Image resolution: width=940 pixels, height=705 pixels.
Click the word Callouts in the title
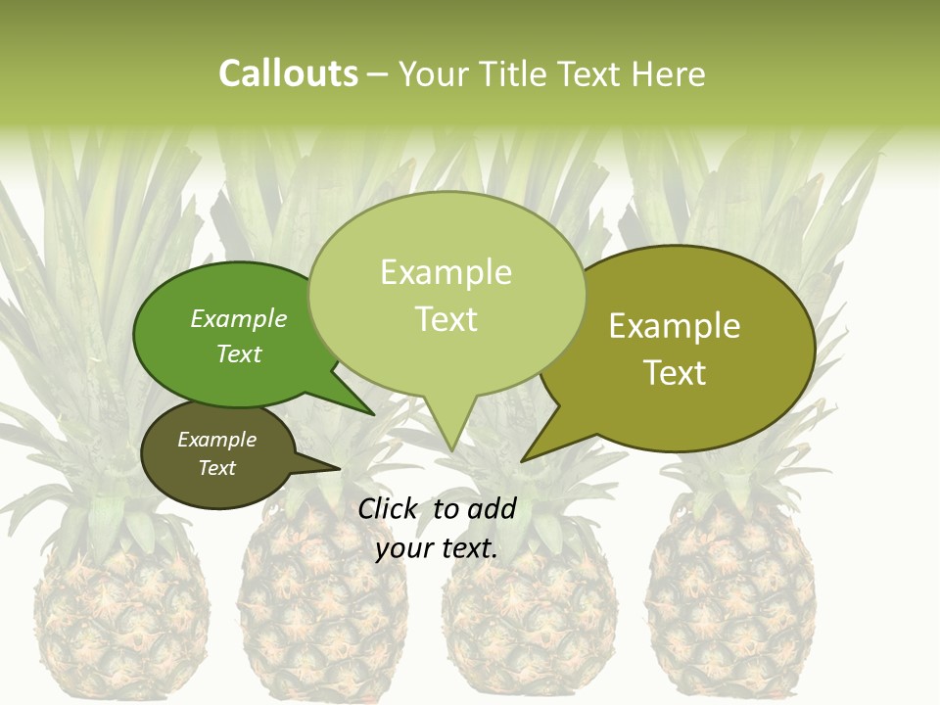coord(288,74)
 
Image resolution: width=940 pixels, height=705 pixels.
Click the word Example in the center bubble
coord(446,272)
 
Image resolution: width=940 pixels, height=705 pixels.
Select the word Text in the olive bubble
coord(675,373)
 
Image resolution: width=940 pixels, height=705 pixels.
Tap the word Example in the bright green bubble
coord(239,319)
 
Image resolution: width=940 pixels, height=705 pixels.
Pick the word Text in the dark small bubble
coord(216,468)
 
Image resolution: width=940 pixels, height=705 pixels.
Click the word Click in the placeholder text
coord(389,508)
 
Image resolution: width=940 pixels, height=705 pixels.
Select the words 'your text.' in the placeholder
coord(437,548)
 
